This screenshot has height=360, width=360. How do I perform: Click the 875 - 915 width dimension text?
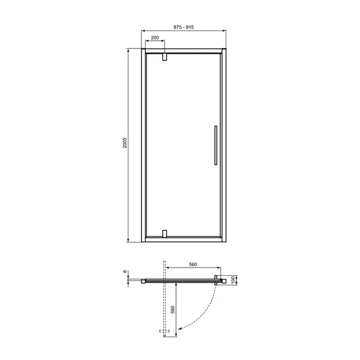tap(184, 27)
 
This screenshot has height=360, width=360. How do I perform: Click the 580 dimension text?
tap(173, 310)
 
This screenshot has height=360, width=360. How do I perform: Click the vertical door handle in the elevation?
tap(213, 144)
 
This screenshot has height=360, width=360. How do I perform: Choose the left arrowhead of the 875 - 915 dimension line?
tap(143, 32)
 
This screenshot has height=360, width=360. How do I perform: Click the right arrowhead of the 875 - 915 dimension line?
tap(224, 32)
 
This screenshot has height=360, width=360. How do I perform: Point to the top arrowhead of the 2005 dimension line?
tap(128, 50)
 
